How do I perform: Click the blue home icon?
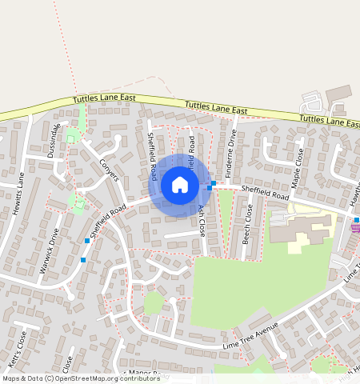(x=180, y=185)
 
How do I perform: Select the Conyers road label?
(x=109, y=169)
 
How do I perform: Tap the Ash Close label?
(x=202, y=219)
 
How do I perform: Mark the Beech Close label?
(x=248, y=223)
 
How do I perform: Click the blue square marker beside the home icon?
(x=210, y=186)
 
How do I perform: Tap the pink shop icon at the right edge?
(x=356, y=228)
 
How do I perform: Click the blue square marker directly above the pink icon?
(x=357, y=219)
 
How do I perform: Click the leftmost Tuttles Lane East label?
(x=104, y=98)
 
